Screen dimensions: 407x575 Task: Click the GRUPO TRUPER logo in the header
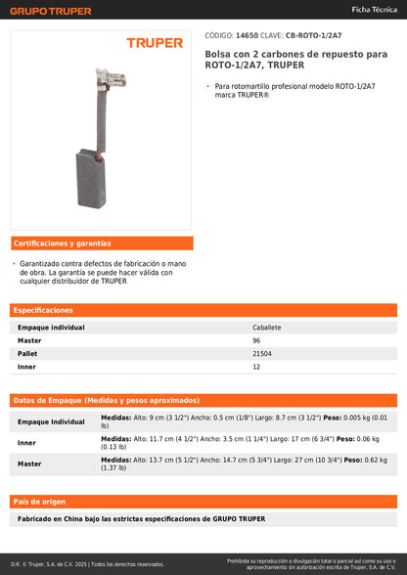(x=52, y=11)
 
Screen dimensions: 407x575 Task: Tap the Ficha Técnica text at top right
(x=374, y=9)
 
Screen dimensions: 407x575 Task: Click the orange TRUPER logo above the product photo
(x=155, y=43)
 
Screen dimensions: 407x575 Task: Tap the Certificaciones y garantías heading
(x=62, y=243)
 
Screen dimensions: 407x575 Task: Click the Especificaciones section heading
(x=44, y=309)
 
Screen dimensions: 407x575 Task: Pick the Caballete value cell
(x=266, y=328)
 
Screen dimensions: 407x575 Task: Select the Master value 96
(x=256, y=340)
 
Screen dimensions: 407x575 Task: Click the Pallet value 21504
(x=262, y=353)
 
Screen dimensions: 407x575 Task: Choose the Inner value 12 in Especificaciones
(x=256, y=366)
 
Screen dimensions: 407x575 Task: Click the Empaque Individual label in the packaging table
(x=51, y=421)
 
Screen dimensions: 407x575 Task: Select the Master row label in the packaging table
(x=29, y=464)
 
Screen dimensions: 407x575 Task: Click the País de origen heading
(x=39, y=501)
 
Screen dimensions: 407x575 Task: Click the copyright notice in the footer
(x=88, y=564)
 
